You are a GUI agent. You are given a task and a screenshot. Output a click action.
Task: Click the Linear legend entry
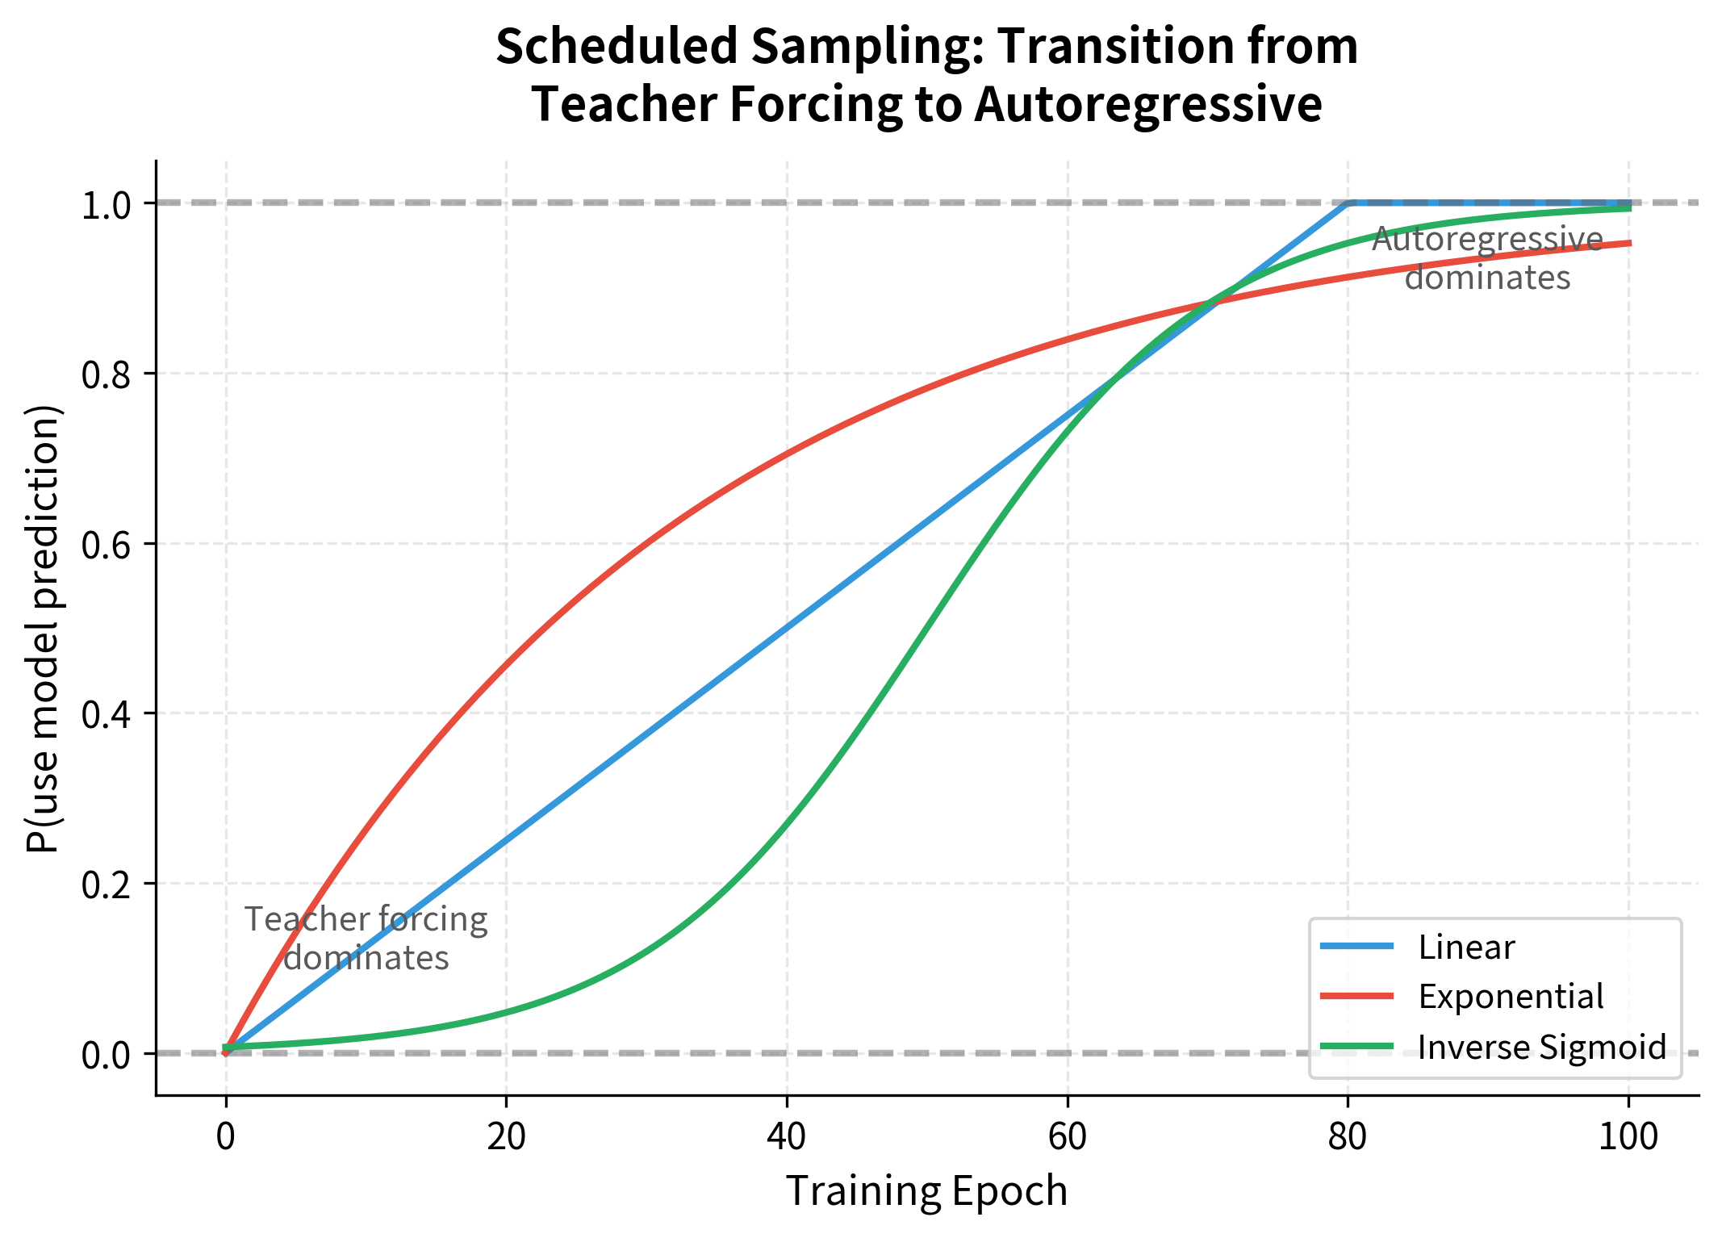[1465, 947]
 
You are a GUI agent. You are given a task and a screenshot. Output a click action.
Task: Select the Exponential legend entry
[1510, 997]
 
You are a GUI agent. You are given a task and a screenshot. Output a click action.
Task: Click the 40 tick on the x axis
[787, 1136]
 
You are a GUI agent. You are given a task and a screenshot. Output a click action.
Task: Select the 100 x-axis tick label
[1628, 1136]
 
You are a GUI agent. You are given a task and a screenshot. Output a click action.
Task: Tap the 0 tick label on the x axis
[226, 1136]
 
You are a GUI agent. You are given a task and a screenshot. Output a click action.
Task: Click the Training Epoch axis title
[926, 1191]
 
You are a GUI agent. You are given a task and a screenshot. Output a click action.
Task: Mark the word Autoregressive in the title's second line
[1148, 105]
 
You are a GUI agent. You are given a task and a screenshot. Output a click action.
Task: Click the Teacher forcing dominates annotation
[366, 938]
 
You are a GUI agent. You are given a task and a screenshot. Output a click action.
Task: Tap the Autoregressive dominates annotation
[1487, 258]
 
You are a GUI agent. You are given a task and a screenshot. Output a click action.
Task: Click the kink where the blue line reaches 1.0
[1348, 203]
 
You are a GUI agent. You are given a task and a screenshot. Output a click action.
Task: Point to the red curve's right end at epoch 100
[1628, 243]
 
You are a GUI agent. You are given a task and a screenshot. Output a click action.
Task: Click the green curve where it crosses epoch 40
[787, 823]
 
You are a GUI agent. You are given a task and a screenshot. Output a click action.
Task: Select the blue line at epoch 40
[787, 628]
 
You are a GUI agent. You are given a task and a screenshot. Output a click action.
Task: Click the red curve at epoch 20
[506, 663]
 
